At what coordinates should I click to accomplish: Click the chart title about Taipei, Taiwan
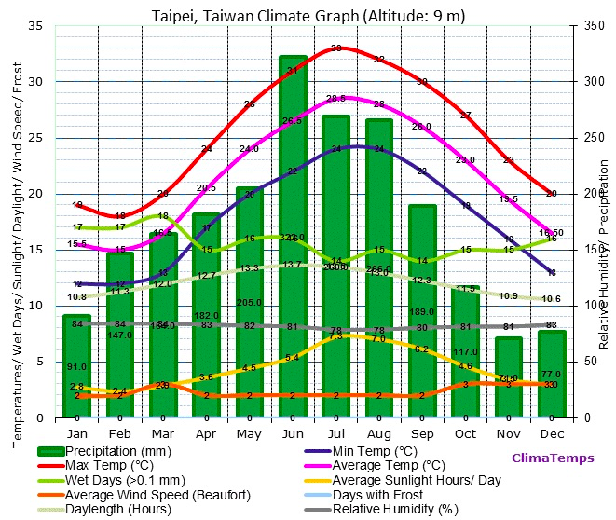(308, 15)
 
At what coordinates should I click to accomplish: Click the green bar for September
(422, 311)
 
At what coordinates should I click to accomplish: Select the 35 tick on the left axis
(36, 26)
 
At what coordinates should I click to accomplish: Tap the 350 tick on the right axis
(594, 26)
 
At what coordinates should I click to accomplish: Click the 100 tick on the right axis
(594, 306)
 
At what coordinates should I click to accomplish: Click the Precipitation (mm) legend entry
(117, 451)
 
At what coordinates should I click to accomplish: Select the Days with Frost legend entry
(378, 494)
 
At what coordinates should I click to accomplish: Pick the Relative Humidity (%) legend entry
(391, 509)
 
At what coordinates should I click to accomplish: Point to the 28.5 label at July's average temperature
(335, 98)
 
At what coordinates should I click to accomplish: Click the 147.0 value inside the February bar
(120, 335)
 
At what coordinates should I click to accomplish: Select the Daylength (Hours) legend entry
(116, 509)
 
